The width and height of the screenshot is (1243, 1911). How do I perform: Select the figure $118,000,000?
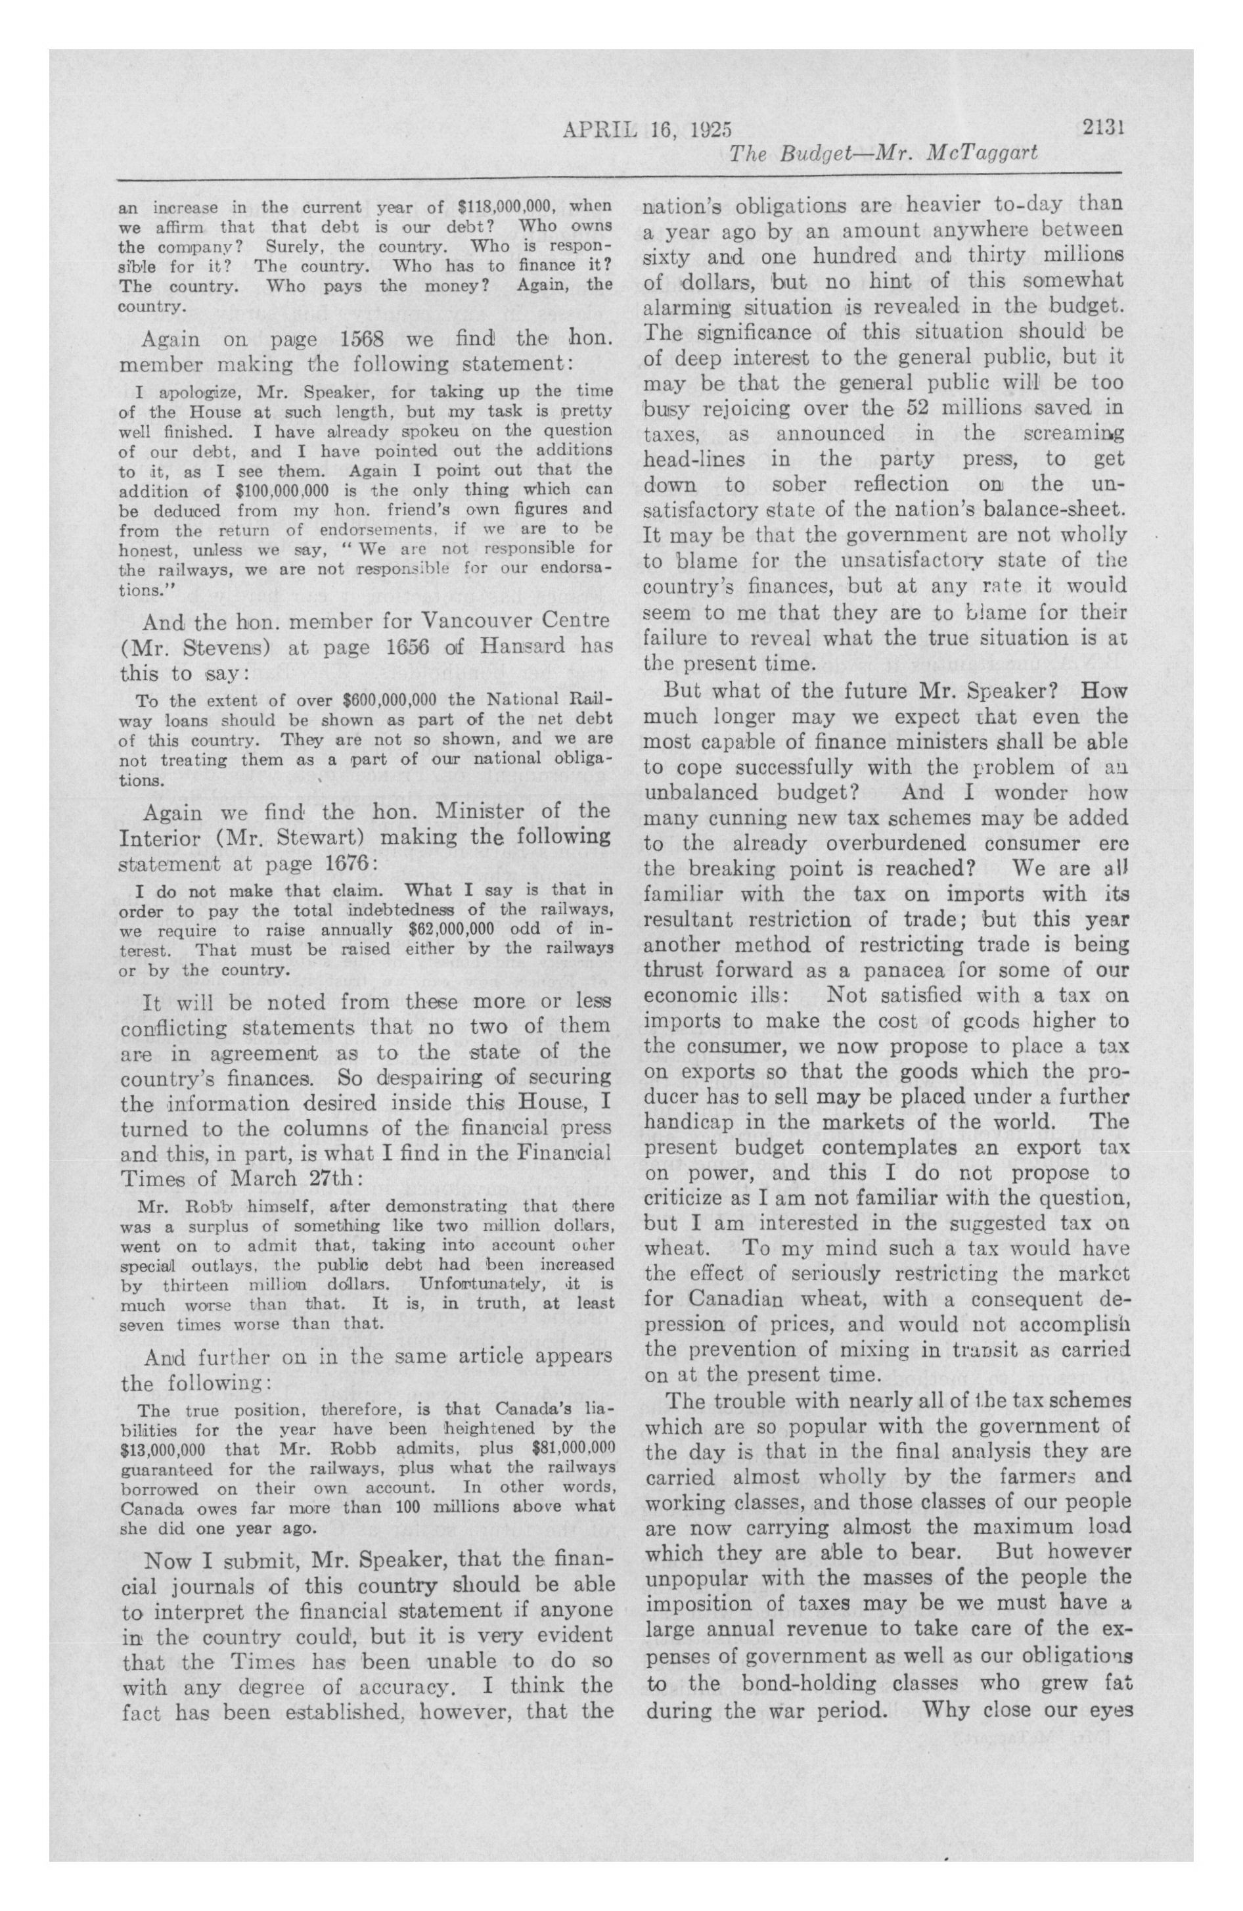coord(506,206)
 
